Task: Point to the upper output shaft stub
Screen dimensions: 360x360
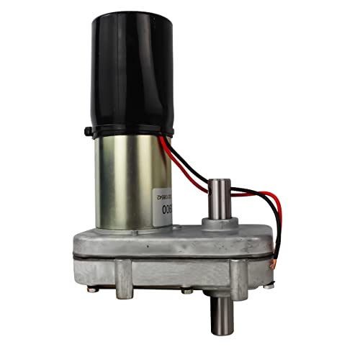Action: (220, 198)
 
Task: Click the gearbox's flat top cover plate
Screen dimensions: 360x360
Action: (180, 234)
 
